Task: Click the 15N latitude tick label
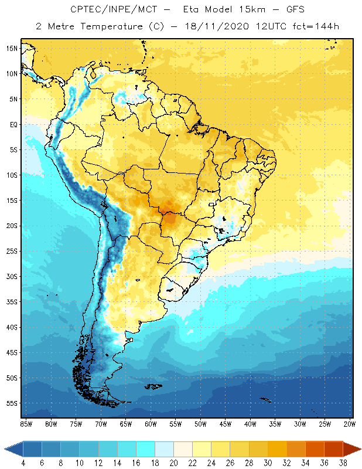tap(12, 48)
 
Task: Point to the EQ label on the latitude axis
tap(13, 124)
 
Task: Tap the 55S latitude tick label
tap(12, 403)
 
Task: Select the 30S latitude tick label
tap(12, 276)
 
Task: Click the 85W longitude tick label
tap(26, 423)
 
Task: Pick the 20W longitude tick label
tap(349, 423)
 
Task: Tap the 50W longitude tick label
tap(200, 423)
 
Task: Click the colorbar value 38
tap(343, 463)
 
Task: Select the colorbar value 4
tap(23, 463)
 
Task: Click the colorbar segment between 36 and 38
tap(333, 449)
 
